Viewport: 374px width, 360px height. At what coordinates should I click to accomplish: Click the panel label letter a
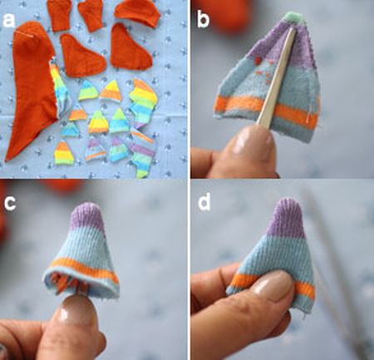pyautogui.click(x=8, y=21)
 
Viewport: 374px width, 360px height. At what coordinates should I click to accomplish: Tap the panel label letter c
pyautogui.click(x=10, y=202)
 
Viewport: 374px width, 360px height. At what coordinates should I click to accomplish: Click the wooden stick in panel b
pyautogui.click(x=277, y=77)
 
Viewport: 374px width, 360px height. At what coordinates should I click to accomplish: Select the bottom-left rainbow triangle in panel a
pyautogui.click(x=63, y=154)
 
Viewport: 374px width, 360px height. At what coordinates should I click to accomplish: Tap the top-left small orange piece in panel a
pyautogui.click(x=59, y=14)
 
